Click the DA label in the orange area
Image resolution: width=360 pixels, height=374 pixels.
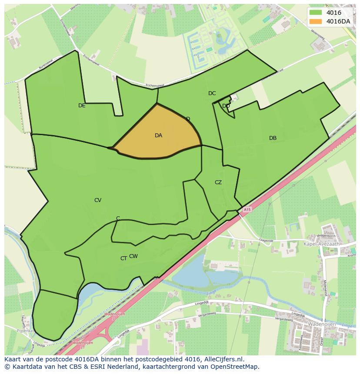[x=158, y=136]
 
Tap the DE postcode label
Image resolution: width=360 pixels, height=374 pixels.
[x=82, y=106]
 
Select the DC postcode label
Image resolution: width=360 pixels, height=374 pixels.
[x=212, y=93]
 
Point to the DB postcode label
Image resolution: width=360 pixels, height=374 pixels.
[x=273, y=138]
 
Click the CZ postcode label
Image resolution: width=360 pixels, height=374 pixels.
[x=218, y=182]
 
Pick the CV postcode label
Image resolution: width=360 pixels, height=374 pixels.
[x=98, y=200]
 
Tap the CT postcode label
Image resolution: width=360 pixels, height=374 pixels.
[x=123, y=258]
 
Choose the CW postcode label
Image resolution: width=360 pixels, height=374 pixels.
[x=133, y=256]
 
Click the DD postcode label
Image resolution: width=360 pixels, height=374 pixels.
[x=226, y=106]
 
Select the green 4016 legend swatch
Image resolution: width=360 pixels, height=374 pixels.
[x=316, y=13]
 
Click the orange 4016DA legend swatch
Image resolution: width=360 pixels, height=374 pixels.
[x=316, y=21]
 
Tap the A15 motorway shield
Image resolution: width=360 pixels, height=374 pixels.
[x=247, y=210]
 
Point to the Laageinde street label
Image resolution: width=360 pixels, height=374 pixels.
[x=266, y=240]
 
